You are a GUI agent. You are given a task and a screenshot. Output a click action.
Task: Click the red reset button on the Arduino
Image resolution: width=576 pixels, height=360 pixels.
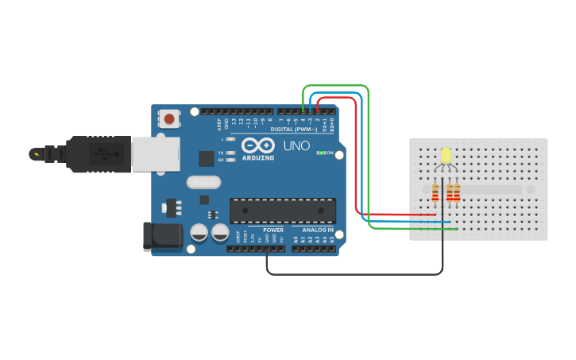(x=168, y=119)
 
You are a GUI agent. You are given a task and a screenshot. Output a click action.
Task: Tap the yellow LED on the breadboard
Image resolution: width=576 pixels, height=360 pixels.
(x=446, y=155)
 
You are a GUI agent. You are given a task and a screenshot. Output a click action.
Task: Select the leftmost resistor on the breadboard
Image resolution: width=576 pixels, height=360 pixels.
(x=435, y=192)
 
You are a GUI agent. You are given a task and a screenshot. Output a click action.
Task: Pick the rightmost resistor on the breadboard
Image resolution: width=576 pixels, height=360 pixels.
(x=457, y=192)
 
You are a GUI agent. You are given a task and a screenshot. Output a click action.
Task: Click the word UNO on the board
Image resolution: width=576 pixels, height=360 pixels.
(x=296, y=145)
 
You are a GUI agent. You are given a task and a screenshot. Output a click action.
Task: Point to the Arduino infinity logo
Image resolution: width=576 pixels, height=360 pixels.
(x=257, y=145)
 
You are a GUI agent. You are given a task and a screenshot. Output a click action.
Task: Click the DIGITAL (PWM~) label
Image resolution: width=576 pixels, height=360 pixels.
(x=293, y=128)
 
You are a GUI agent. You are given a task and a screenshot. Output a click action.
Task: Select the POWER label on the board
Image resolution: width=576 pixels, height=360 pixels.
(x=273, y=230)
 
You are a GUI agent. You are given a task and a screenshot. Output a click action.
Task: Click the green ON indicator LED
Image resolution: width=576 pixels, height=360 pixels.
(x=319, y=153)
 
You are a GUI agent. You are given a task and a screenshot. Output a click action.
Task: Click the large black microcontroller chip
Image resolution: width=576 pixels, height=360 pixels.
(x=282, y=211)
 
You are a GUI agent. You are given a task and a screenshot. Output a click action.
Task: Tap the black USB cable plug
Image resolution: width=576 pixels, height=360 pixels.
(x=95, y=153)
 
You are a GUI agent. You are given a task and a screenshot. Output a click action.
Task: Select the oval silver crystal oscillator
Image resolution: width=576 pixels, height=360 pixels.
(x=203, y=182)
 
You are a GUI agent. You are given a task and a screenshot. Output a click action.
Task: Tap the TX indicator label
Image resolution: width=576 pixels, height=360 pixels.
(x=220, y=152)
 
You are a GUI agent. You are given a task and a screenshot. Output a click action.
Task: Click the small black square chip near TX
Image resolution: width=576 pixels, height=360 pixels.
(x=206, y=158)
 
